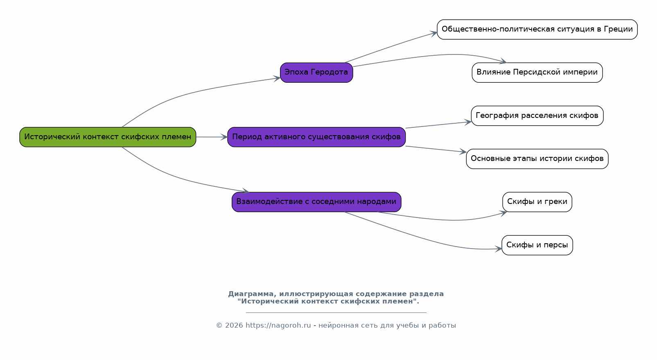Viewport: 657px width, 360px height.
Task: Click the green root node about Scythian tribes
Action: tap(108, 137)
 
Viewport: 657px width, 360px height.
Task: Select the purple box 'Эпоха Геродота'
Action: tap(316, 72)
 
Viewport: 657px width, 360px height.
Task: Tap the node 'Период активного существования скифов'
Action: tap(316, 137)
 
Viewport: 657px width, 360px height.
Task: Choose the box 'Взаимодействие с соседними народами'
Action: tap(316, 202)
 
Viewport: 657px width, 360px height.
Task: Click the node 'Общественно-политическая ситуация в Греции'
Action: tap(537, 29)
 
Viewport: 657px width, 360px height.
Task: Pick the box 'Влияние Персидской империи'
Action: tap(537, 72)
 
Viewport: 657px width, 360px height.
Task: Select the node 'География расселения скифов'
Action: tap(537, 115)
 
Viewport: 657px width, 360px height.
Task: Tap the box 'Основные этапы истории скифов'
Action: tap(537, 159)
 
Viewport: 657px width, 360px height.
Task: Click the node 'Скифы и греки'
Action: tap(537, 202)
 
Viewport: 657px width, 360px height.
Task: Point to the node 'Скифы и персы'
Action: tap(537, 245)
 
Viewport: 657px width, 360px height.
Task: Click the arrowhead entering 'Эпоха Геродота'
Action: tap(277, 78)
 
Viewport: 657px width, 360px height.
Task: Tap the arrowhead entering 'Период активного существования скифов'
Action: tap(224, 137)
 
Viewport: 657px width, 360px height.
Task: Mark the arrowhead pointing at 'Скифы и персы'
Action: tap(498, 249)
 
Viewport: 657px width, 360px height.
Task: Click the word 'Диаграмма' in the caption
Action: tap(252, 294)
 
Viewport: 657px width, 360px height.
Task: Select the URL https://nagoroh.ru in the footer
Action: tap(278, 325)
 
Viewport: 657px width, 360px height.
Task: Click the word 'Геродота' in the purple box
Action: tap(330, 72)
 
